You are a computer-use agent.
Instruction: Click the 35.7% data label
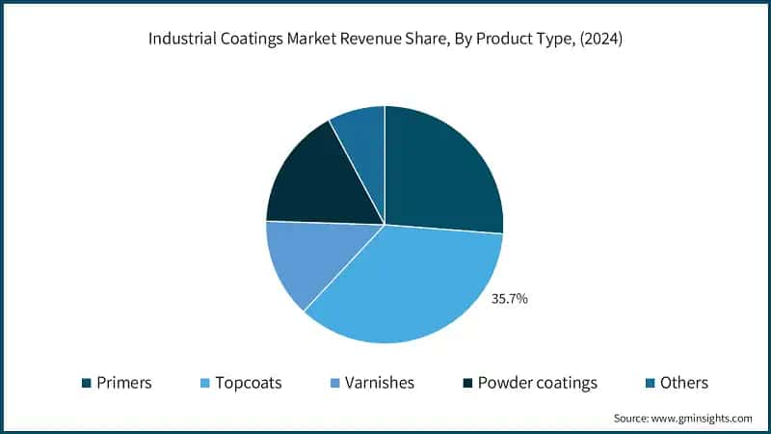pos(510,299)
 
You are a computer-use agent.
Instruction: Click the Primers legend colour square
pos(87,383)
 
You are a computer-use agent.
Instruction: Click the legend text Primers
pos(124,383)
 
